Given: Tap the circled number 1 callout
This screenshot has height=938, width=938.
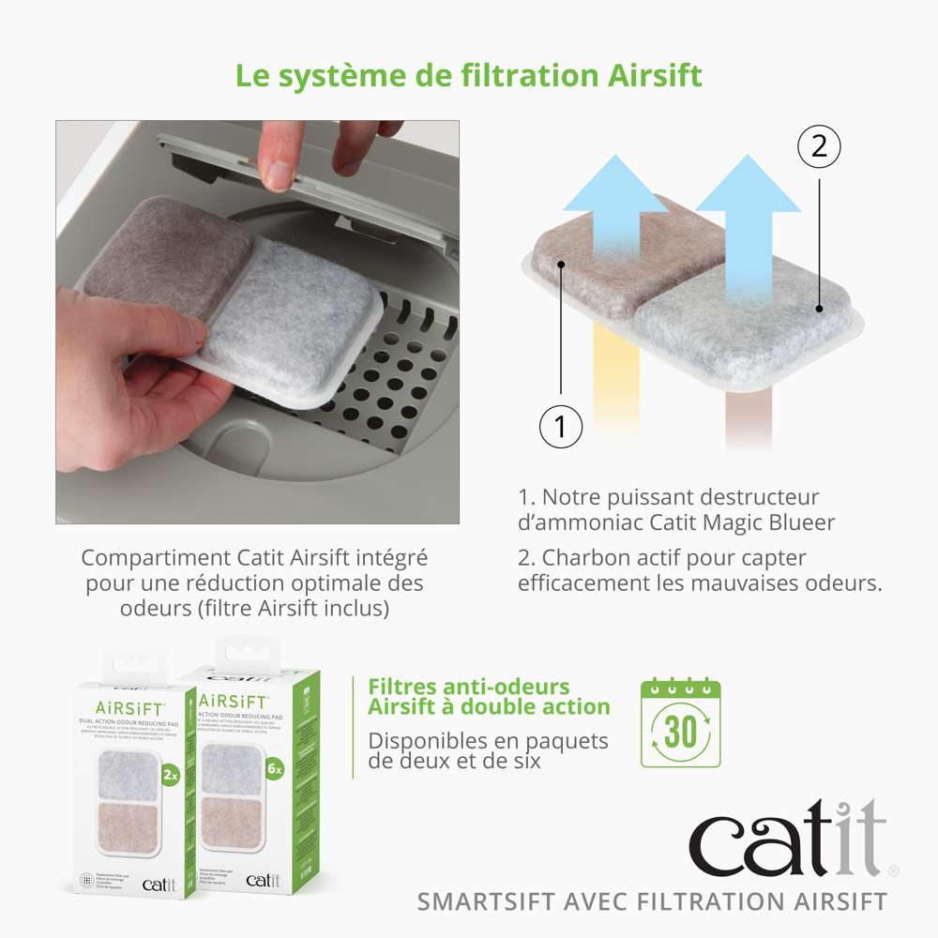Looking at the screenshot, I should tap(561, 427).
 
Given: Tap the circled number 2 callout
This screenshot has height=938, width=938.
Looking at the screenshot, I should tap(819, 146).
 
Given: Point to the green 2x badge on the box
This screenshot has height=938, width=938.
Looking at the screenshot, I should tap(170, 775).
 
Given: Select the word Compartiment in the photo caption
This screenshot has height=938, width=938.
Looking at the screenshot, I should tap(144, 558).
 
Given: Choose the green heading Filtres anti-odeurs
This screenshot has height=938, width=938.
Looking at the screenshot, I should tap(469, 687).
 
